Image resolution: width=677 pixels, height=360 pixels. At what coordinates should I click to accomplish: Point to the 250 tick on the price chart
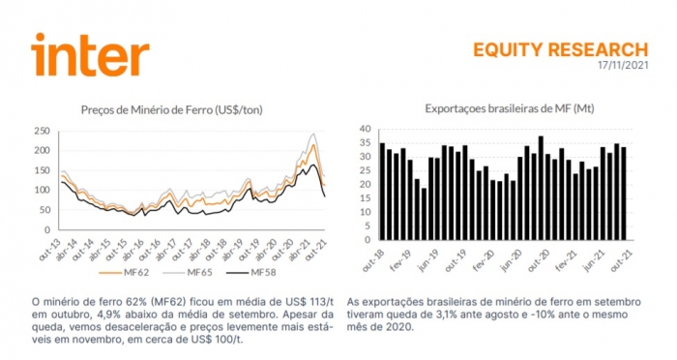[x=42, y=131]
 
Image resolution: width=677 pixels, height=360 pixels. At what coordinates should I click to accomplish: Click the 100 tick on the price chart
[x=42, y=190]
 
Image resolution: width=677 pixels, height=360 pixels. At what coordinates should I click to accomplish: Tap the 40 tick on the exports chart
[x=366, y=129]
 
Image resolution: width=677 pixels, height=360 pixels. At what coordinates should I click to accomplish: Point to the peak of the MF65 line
[x=313, y=135]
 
